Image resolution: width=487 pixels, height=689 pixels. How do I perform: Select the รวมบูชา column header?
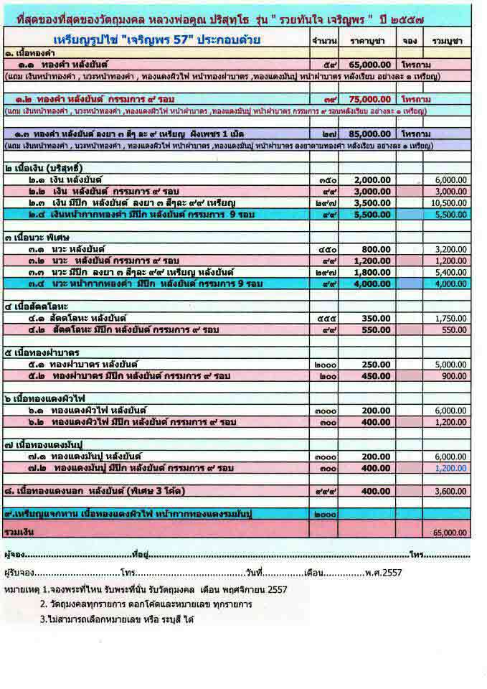[446, 40]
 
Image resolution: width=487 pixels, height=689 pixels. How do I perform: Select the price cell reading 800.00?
[376, 248]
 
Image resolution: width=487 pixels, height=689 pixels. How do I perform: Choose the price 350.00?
[376, 317]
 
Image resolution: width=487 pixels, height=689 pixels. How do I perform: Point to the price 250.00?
[376, 364]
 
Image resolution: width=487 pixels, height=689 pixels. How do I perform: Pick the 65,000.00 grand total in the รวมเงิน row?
[450, 533]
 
